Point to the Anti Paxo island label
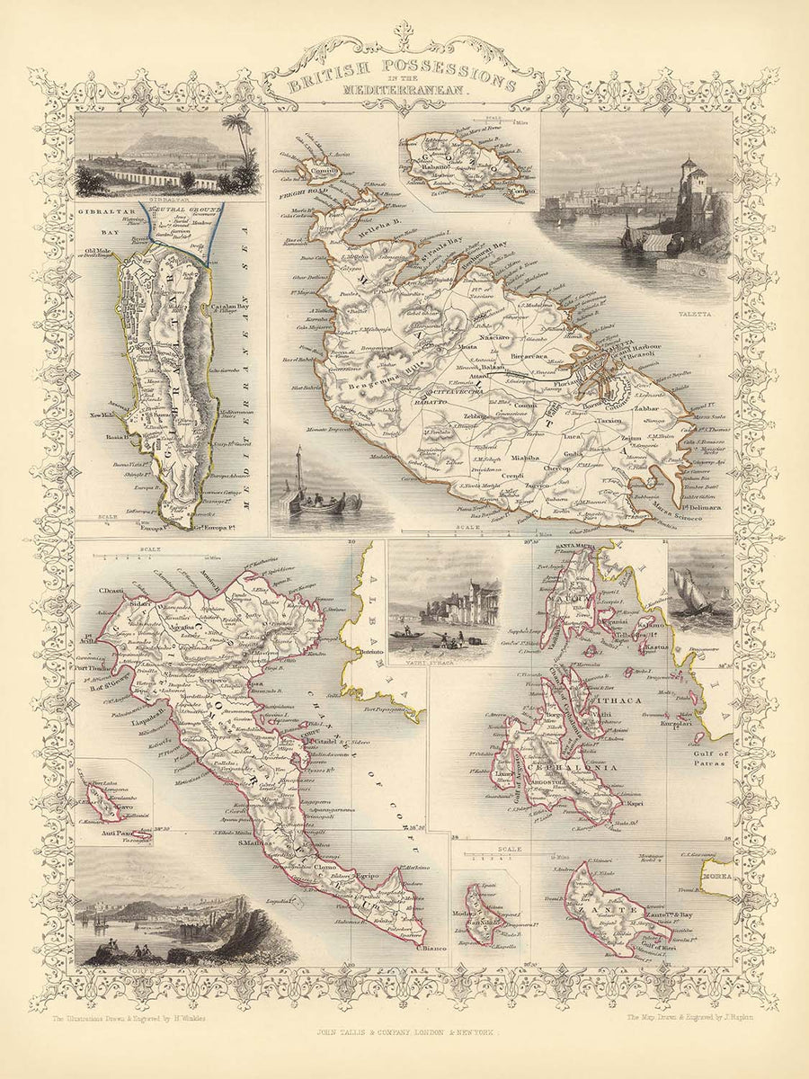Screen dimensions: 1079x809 [124, 835]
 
